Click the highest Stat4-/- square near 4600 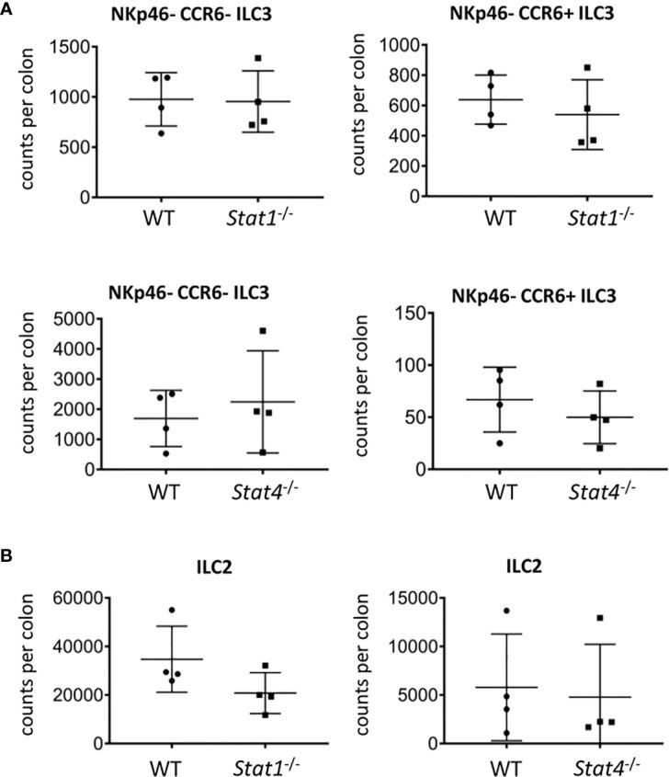click(263, 331)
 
